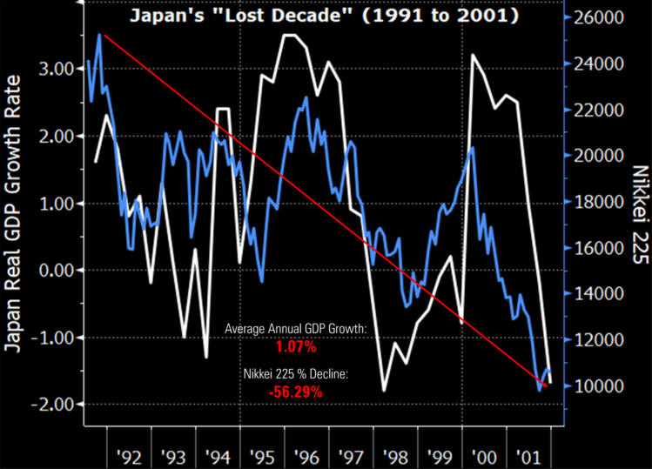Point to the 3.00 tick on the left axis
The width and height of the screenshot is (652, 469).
coord(57,69)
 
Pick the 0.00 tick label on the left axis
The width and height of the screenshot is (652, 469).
coord(57,271)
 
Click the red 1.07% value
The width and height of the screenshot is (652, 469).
coord(296,347)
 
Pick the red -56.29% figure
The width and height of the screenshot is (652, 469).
coord(296,392)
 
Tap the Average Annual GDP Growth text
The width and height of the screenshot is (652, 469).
coord(296,330)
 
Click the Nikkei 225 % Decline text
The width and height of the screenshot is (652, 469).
coord(296,374)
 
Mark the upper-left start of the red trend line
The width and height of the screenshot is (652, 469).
coord(102,36)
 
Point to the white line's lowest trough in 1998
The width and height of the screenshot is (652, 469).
coord(384,391)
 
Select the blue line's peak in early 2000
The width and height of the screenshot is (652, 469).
coord(472,148)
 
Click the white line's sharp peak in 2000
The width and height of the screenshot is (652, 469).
coord(472,55)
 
